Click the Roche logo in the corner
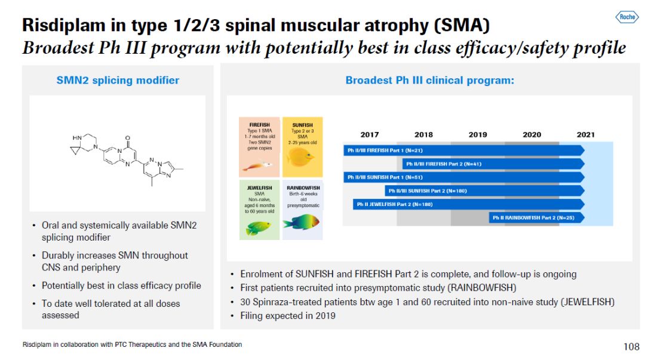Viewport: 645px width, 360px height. point(627,17)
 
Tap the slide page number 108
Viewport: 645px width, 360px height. point(631,347)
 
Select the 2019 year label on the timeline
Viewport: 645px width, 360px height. point(478,134)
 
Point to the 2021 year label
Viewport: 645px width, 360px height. point(585,134)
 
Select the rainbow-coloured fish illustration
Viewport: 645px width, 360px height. point(302,222)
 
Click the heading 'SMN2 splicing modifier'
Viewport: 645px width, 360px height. point(118,80)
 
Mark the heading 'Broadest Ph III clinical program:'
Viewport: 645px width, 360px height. point(429,80)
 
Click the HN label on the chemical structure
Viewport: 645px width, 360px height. point(77,138)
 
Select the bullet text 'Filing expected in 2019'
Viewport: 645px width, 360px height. point(288,315)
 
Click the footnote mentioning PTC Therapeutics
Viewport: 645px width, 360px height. point(132,344)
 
